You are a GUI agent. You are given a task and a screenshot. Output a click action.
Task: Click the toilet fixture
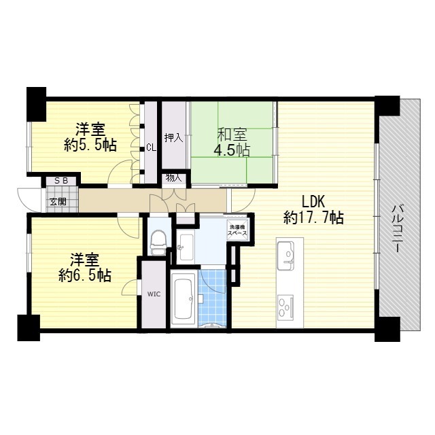coord(158,243)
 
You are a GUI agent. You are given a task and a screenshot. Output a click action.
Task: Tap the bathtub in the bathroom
coord(183,298)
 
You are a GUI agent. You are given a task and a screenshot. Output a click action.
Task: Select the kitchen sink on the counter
coord(285,255)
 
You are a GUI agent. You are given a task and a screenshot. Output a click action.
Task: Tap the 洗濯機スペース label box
coord(237,230)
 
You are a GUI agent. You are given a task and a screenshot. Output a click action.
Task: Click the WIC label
coord(154,294)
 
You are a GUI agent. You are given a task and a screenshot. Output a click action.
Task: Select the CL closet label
coord(151,147)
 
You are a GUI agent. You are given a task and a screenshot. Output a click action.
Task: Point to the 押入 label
coord(174,137)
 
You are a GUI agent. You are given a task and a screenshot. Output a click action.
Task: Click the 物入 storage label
coord(174,178)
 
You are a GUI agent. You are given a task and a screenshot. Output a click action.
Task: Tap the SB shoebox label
coord(61,181)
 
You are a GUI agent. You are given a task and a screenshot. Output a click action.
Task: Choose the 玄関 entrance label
coord(58,201)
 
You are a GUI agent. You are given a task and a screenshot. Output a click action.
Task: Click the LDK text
coord(313,202)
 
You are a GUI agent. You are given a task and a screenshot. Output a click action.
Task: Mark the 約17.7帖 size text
coord(313,217)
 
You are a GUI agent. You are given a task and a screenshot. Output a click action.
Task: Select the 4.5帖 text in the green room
coord(232,150)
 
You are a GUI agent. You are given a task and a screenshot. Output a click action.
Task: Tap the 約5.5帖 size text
coord(90,145)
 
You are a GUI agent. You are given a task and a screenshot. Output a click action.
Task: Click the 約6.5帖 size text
coord(85,275)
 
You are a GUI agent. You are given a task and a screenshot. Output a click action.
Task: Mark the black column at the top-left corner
coord(36,104)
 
